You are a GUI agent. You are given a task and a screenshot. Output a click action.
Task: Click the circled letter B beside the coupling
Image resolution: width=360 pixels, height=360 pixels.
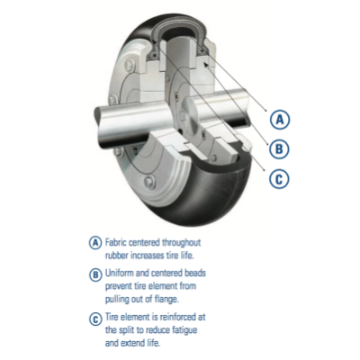(281, 148)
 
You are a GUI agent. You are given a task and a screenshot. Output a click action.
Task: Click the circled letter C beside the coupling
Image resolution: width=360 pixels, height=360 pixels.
(281, 178)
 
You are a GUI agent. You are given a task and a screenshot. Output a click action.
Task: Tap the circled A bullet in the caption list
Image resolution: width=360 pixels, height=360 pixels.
(95, 243)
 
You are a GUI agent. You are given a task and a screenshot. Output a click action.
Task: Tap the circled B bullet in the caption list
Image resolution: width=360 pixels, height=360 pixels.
(95, 274)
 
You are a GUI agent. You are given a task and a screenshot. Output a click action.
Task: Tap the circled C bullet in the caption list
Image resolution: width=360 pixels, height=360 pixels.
(95, 317)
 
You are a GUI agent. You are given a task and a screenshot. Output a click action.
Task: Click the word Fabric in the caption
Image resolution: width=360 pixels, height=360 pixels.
(117, 243)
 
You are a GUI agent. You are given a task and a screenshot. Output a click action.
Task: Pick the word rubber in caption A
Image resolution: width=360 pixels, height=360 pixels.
(118, 256)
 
